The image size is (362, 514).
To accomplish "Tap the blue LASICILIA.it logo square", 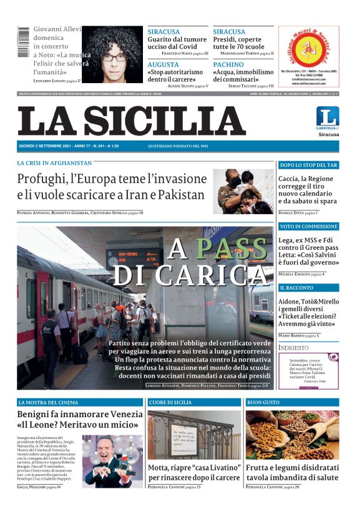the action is point(328,117).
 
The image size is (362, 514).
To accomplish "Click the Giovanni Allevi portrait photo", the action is point(114,55).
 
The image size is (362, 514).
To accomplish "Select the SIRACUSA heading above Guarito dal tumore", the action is point(164,32).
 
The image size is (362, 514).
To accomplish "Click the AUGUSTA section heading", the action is point(163,64).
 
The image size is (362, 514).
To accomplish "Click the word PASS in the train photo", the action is point(232,249).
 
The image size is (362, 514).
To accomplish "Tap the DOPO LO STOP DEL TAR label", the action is point(308,166).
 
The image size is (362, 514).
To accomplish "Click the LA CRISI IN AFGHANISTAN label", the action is point(54,163).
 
